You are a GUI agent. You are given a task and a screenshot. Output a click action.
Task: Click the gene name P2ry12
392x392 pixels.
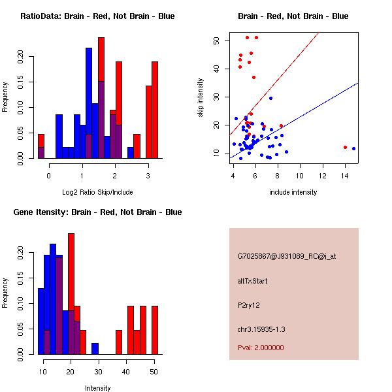click(249, 306)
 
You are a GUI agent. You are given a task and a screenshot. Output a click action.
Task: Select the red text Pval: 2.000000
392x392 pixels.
click(261, 348)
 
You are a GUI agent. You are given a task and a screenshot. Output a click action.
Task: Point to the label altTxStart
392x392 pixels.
click(252, 281)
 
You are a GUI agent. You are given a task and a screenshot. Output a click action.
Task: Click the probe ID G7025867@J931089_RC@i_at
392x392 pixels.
click(287, 257)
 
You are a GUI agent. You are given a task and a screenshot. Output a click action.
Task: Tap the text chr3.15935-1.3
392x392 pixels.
click(261, 329)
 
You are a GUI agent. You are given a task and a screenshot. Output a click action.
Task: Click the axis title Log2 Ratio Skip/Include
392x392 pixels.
click(97, 192)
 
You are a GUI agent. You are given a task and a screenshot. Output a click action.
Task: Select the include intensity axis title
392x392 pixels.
click(293, 192)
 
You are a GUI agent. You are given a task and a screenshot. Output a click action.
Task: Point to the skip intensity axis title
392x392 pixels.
click(201, 98)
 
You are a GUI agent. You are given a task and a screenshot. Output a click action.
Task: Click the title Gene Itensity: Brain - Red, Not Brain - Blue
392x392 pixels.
click(97, 212)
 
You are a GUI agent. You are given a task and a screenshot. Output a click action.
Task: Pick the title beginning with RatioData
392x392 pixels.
click(97, 16)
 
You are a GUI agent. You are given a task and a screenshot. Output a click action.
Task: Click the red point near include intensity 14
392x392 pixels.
click(345, 148)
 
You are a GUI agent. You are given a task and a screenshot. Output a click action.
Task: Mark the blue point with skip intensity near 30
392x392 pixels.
click(270, 99)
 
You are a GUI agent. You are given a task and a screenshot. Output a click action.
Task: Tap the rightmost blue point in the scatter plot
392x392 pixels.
click(353, 149)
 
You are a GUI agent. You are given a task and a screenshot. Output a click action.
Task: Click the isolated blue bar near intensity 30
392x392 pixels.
click(95, 349)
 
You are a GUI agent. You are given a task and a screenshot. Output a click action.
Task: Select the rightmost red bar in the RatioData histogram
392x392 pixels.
click(155, 110)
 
